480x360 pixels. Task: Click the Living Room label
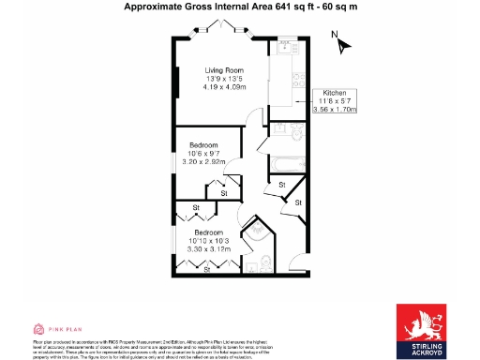click(x=225, y=69)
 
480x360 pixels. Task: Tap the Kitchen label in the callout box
click(x=336, y=94)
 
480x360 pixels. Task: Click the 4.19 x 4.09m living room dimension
click(x=225, y=86)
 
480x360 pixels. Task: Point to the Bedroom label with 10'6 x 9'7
click(x=204, y=145)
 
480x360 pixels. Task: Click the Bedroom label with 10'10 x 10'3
click(x=208, y=232)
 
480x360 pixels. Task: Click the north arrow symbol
click(x=343, y=44)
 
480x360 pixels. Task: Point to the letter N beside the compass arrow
click(x=335, y=35)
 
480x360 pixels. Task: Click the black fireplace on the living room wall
click(x=177, y=82)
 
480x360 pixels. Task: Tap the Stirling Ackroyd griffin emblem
click(x=420, y=324)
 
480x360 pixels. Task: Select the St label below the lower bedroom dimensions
click(x=207, y=270)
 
